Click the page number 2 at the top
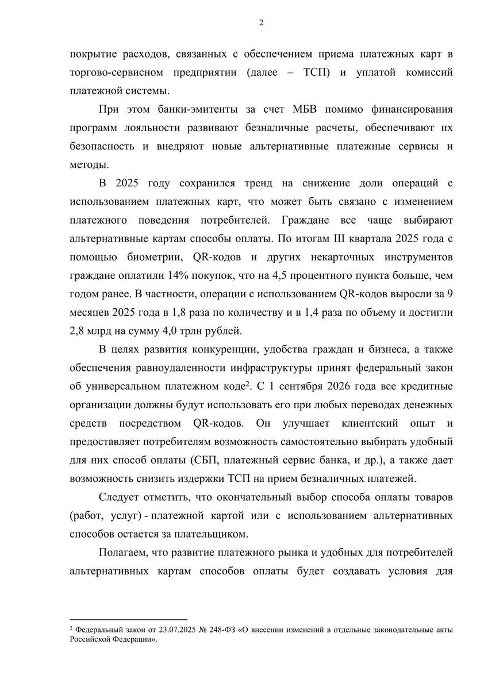pos(261,23)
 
